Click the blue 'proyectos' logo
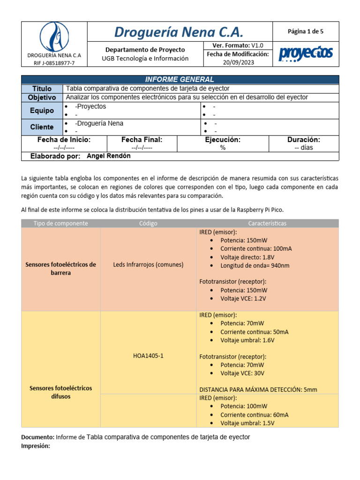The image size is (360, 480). point(306,54)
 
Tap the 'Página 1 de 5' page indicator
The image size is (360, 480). point(306,31)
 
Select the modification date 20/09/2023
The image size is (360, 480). point(238,62)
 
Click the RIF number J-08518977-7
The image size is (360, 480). point(54,63)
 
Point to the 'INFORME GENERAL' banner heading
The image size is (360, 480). point(180,80)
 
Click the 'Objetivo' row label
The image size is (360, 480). point(42,97)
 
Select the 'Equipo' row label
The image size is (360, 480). point(42,111)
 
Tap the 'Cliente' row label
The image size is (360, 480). point(42,127)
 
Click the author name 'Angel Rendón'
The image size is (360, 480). point(109,156)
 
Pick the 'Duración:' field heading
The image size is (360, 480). point(304,140)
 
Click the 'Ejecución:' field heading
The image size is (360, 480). point(223,140)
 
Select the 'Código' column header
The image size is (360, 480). point(148,223)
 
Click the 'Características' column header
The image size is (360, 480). point(267,223)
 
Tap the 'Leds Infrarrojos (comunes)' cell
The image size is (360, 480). point(148,264)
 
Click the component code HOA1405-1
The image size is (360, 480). point(148,356)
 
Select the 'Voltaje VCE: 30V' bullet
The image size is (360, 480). point(242,373)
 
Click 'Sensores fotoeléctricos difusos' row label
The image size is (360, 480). point(60,392)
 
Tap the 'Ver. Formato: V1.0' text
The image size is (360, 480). point(238,45)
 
